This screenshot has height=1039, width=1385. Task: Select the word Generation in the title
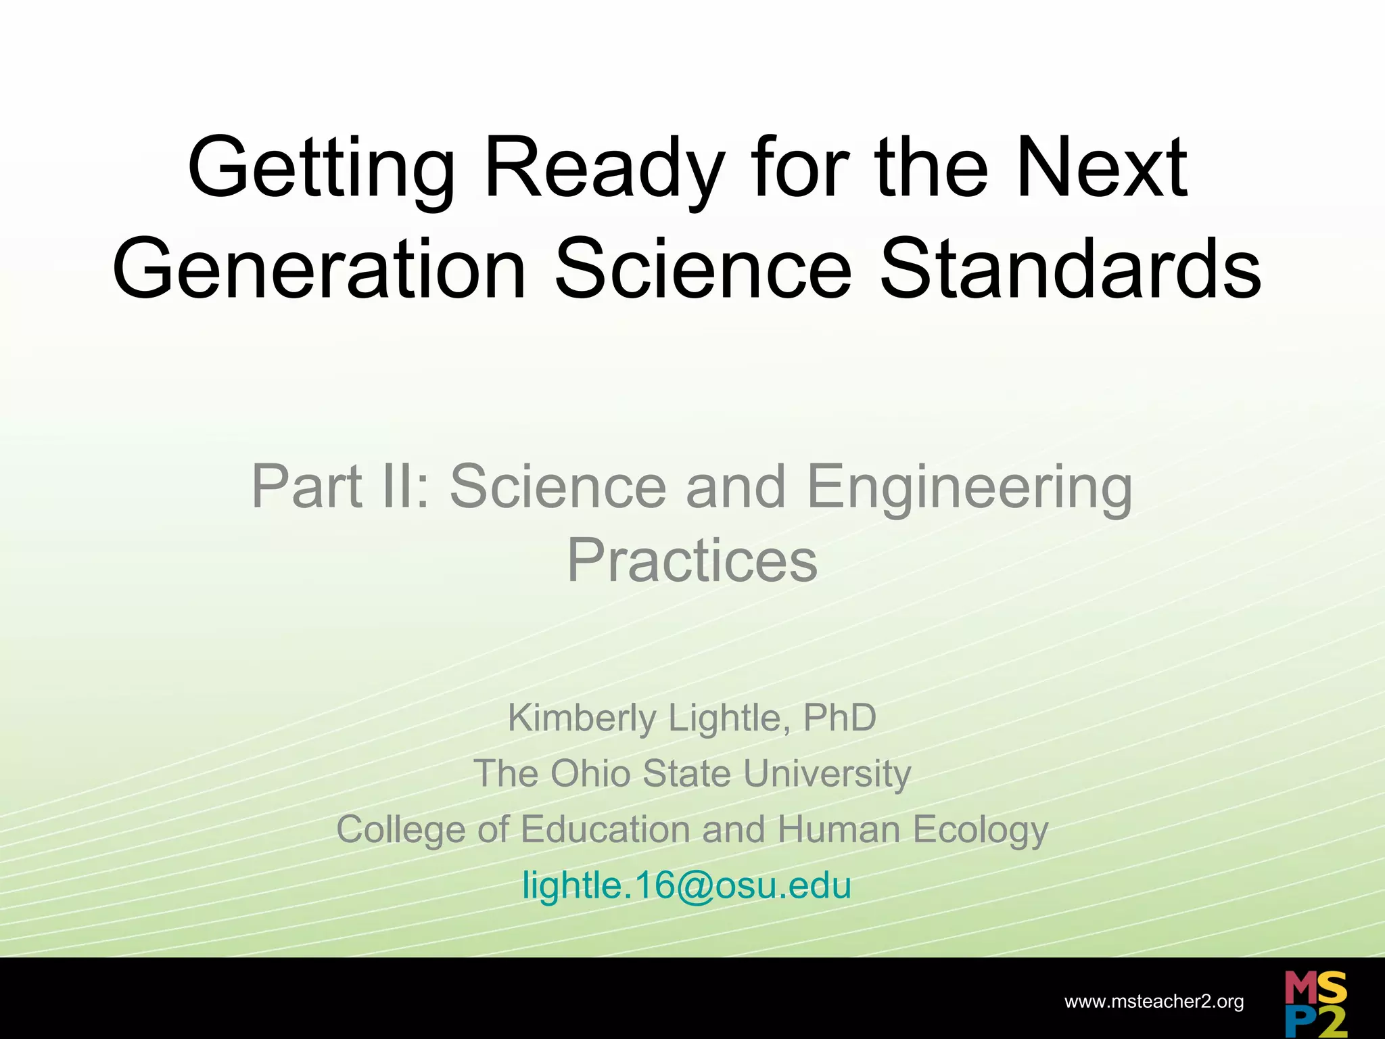(x=319, y=269)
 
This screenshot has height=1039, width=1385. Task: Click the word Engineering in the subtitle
(x=969, y=487)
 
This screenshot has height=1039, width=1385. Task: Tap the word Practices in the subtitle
(x=692, y=561)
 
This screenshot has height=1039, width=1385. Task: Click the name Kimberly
(x=582, y=718)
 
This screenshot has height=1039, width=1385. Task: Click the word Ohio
(x=590, y=774)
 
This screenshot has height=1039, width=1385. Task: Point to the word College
(x=400, y=830)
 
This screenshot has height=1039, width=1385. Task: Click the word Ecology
(x=981, y=830)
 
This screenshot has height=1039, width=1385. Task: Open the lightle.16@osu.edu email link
(x=686, y=886)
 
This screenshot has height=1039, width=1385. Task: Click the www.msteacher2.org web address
(x=1154, y=1002)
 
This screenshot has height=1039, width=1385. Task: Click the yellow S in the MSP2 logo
(x=1332, y=988)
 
